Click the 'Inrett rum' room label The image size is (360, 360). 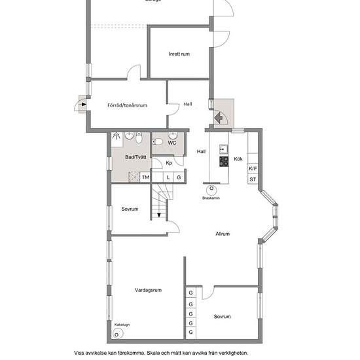tap(179, 54)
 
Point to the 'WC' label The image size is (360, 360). tap(172, 143)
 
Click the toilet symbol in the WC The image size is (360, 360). tap(158, 141)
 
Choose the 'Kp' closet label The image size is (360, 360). tap(168, 163)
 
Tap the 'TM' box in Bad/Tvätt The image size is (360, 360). tap(145, 177)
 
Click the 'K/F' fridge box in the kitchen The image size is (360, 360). tap(253, 168)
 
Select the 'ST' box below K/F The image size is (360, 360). tap(253, 179)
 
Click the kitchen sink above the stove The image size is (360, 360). tap(223, 147)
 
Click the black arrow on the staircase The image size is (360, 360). tap(158, 214)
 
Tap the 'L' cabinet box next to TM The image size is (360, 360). tap(168, 177)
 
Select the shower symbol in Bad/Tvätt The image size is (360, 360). tap(117, 137)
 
